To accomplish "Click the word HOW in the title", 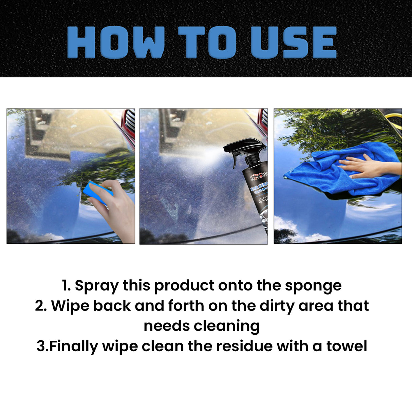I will [116, 42].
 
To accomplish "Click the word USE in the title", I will [293, 42].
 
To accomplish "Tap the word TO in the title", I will [207, 42].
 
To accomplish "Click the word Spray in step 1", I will [96, 286].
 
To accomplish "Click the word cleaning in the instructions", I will [226, 326].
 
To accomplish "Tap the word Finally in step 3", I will [74, 347].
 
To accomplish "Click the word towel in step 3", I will [347, 347].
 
